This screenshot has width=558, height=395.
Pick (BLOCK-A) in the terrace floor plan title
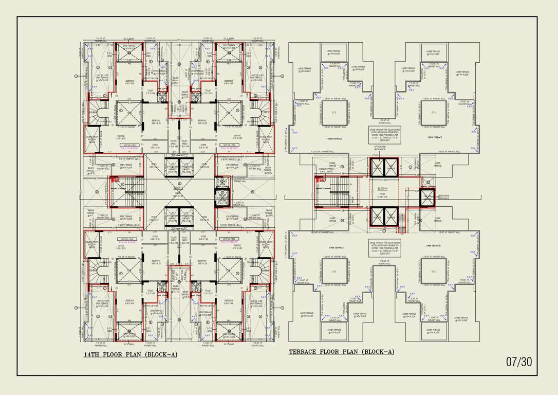click(x=378, y=352)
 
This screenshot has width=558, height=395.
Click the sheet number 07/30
click(x=519, y=362)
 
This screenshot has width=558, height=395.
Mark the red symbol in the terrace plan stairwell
click(x=321, y=181)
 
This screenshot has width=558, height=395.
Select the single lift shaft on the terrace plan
click(x=427, y=197)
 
